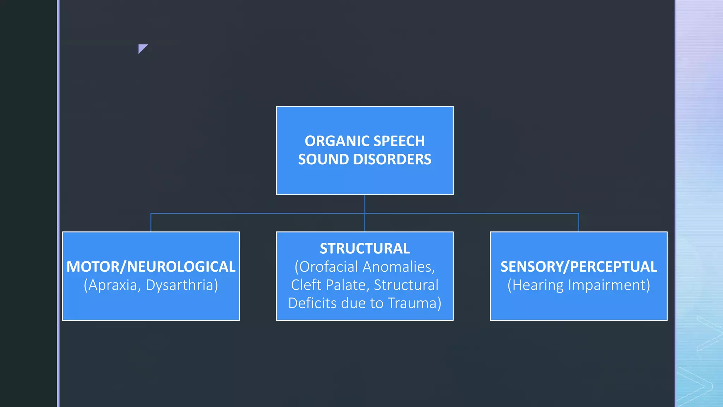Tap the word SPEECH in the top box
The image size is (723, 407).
(x=399, y=141)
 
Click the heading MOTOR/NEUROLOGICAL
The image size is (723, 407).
(x=151, y=267)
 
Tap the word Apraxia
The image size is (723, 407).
(x=112, y=285)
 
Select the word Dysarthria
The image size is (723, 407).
(x=181, y=285)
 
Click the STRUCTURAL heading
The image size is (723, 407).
(x=365, y=248)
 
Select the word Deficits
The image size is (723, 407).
(x=309, y=303)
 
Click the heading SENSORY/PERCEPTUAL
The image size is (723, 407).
(x=579, y=267)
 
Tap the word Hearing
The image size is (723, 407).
(x=537, y=285)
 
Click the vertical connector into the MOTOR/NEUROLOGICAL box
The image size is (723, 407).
(x=151, y=223)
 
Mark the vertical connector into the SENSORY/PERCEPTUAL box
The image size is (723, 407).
(x=579, y=223)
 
